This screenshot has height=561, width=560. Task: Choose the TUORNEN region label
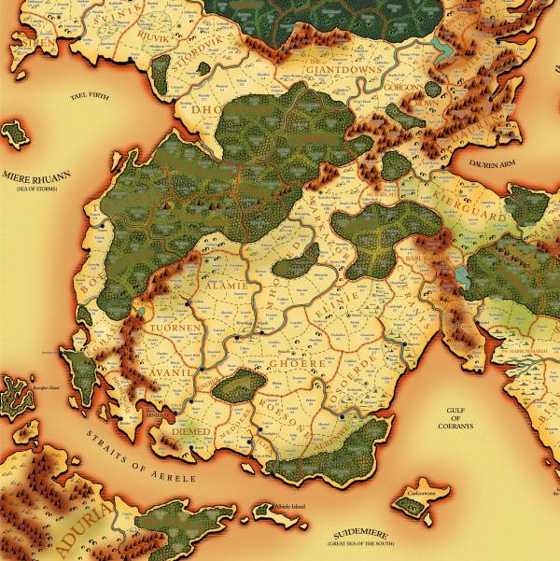tap(175, 329)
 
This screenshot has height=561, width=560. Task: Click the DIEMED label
tap(191, 432)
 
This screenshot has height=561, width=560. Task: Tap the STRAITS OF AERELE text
tap(141, 456)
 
